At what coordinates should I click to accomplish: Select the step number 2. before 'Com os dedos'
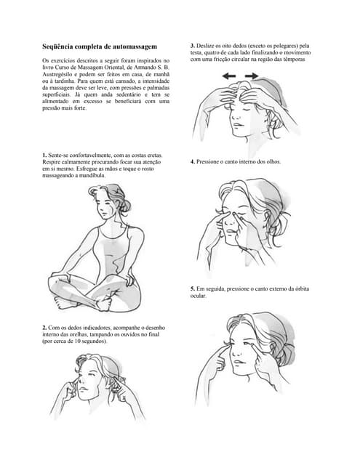(45, 328)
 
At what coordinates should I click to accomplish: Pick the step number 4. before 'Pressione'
(193, 162)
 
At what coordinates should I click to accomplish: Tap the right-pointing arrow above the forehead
(252, 76)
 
